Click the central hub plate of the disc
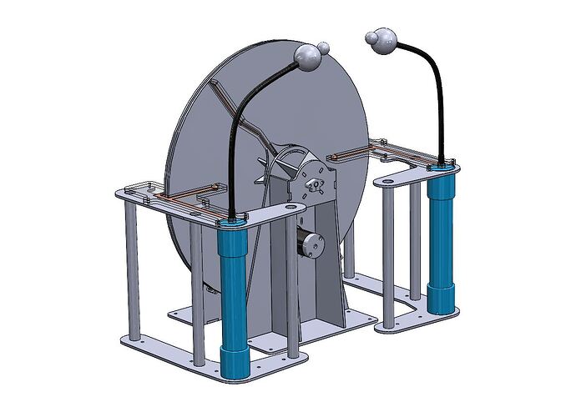click(316, 179)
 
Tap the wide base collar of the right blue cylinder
click(442, 299)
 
